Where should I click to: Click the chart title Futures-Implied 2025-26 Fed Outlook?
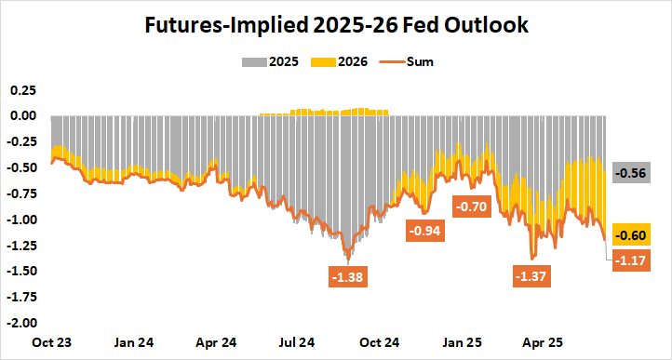pos(336,27)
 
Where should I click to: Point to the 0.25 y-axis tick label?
pos(22,90)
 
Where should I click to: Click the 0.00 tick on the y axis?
pos(22,116)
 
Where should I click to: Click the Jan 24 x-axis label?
pos(134,341)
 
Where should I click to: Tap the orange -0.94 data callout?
pos(425,230)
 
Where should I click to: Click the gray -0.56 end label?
pos(635,173)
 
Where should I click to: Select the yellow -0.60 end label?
pos(635,235)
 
